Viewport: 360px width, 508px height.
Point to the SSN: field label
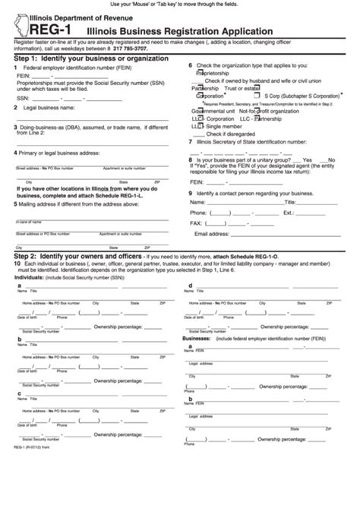point(23,98)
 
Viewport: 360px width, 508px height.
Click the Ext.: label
point(289,213)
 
